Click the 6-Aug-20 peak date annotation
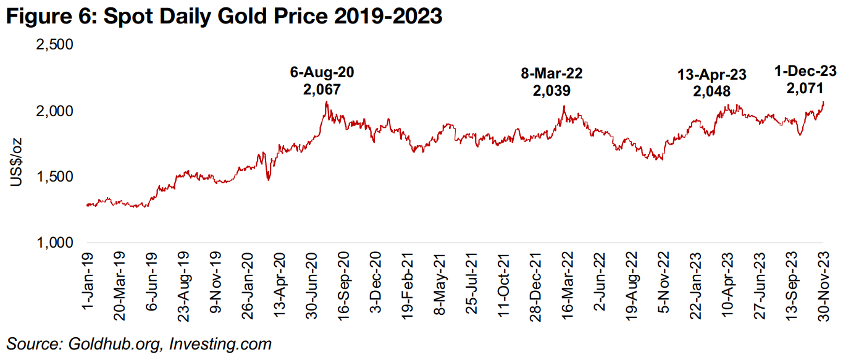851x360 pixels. (x=322, y=72)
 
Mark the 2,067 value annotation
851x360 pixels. (x=322, y=90)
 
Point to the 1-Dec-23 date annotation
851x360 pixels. (x=805, y=72)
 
